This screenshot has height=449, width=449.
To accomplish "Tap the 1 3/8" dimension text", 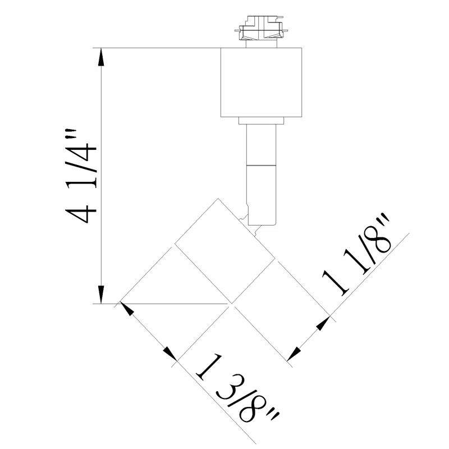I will click(236, 396).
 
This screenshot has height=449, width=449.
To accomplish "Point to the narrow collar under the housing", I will click(262, 121).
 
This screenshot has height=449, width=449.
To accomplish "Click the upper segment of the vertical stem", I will click(262, 144).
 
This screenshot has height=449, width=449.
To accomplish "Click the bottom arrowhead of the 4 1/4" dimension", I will click(102, 295).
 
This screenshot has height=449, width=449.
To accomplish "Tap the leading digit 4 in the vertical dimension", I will click(78, 214).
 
